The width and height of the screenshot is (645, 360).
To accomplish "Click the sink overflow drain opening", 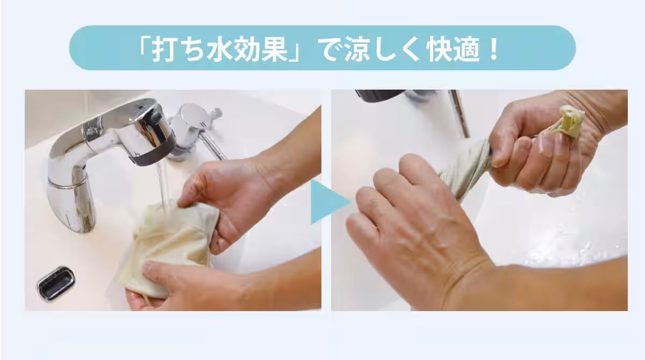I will (55, 283).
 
